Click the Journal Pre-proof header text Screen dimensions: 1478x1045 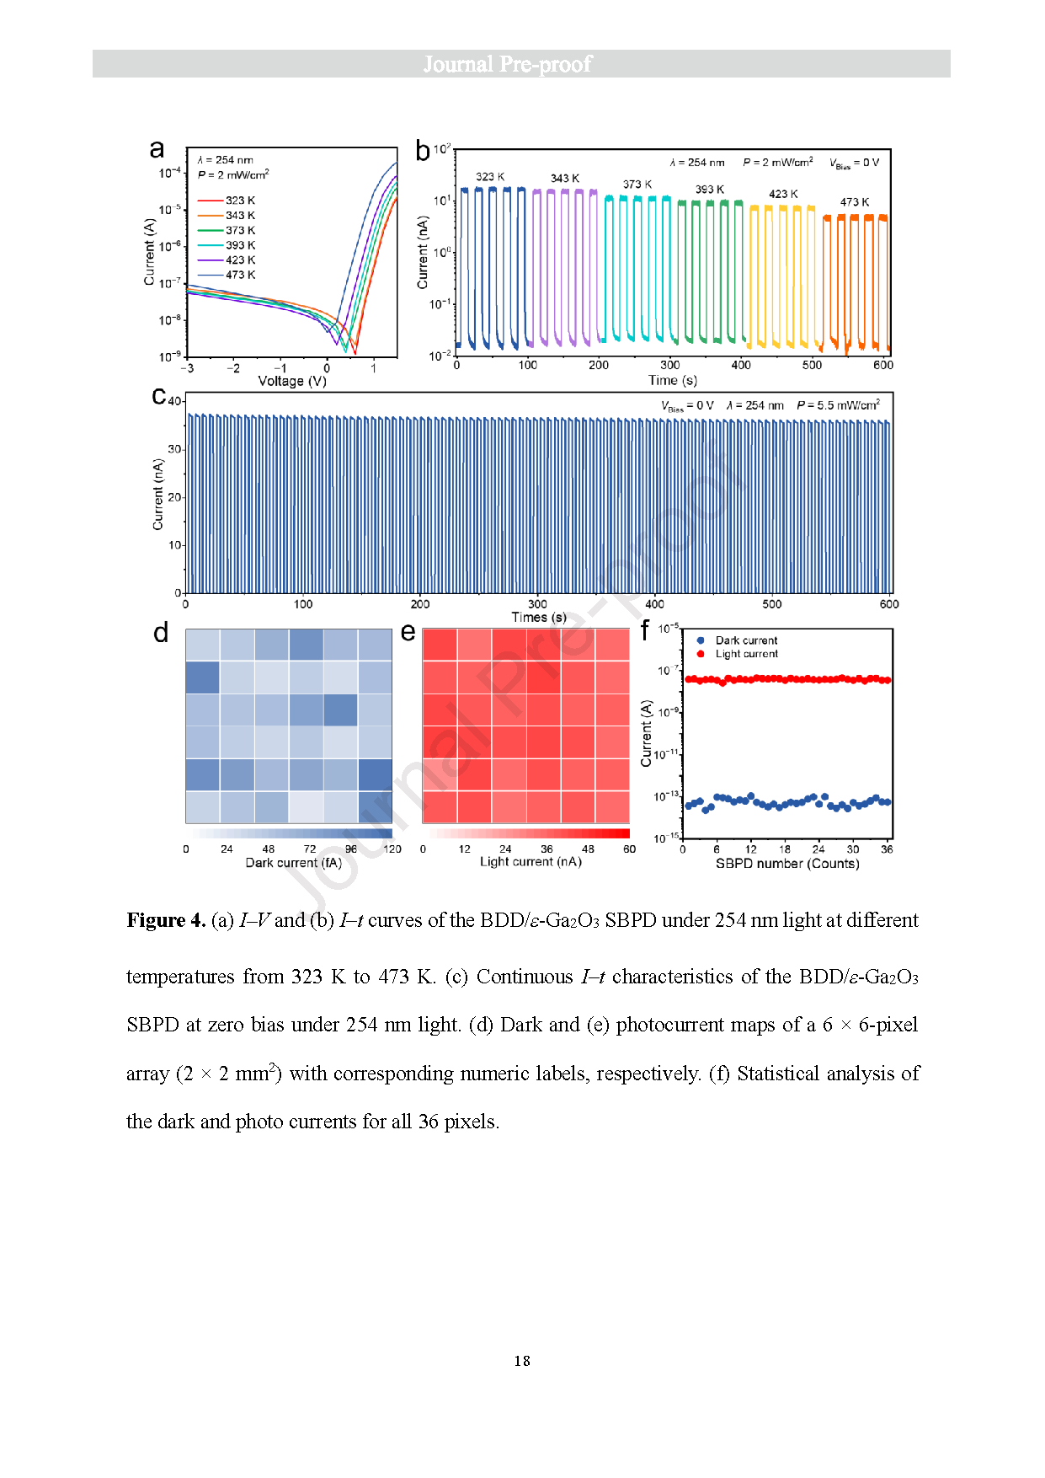pos(507,64)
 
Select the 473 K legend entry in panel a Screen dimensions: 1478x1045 pos(240,275)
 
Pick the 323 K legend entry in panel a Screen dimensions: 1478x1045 pos(240,201)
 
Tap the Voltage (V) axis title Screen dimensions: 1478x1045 pos(292,381)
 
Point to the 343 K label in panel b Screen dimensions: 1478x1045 pos(565,179)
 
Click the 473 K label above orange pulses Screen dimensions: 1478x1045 pos(855,202)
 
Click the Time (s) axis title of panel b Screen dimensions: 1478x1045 pos(673,380)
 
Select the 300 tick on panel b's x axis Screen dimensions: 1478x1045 pos(670,365)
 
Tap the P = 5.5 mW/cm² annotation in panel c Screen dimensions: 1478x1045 pos(838,405)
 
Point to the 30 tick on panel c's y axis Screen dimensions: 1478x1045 pos(174,449)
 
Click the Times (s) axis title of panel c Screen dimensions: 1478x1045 pos(539,617)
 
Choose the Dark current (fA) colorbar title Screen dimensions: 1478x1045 pos(294,863)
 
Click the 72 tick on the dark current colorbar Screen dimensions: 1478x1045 pos(310,849)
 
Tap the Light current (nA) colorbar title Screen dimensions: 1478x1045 pos(530,862)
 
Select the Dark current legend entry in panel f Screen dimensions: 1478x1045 pos(746,640)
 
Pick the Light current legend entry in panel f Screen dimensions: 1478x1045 pos(746,654)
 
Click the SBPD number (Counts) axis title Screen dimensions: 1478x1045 pos(787,864)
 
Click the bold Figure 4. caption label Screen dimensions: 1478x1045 pos(166,920)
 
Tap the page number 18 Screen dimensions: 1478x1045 pos(522,1361)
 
